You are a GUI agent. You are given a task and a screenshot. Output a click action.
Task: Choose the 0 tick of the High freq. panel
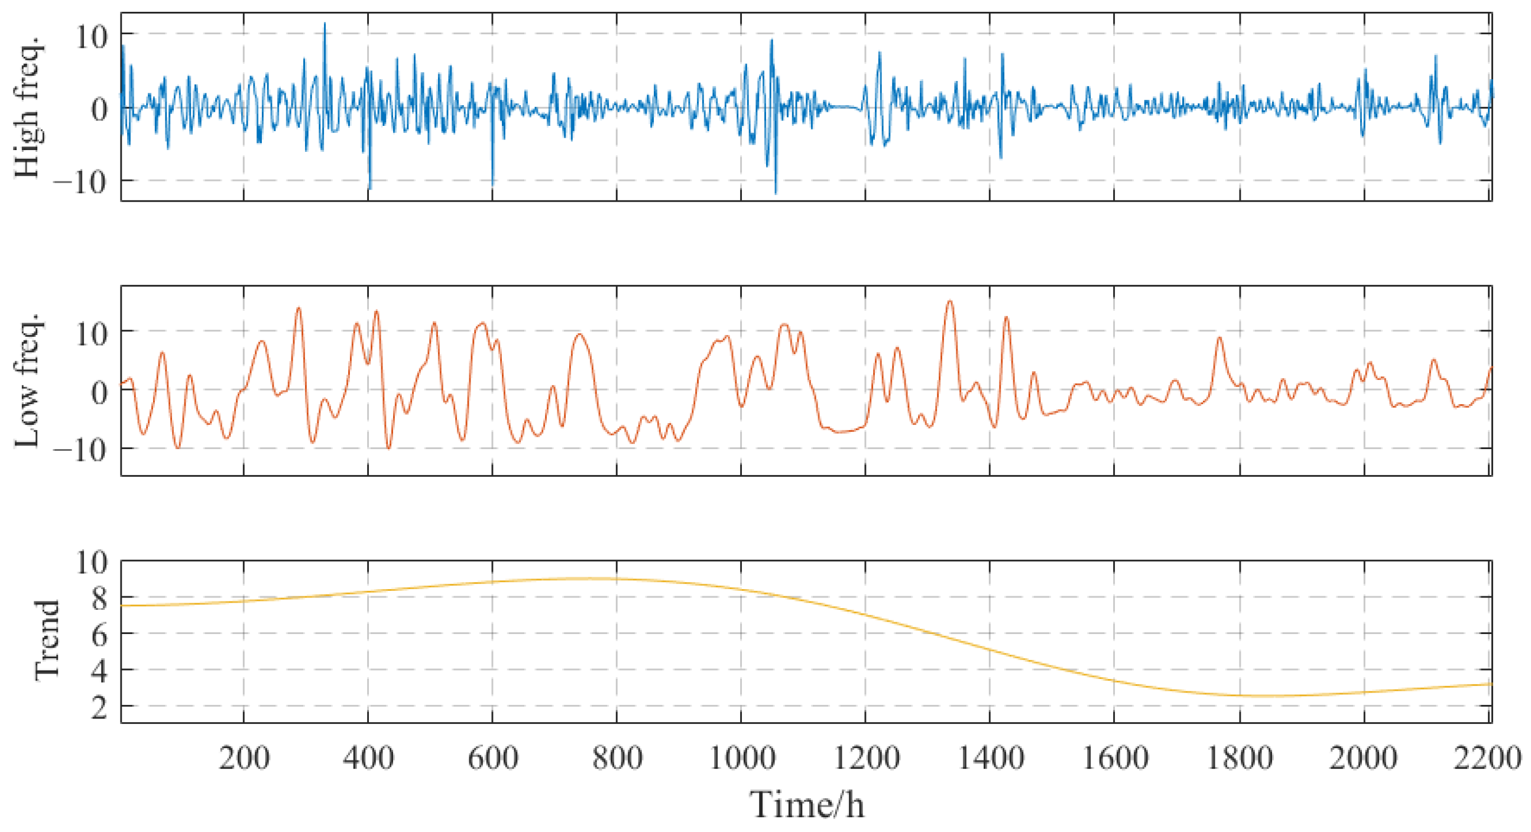pos(99,109)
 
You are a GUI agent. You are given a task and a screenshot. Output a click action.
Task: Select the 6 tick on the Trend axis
pos(99,635)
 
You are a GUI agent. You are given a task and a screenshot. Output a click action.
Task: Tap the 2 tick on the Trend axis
pos(99,708)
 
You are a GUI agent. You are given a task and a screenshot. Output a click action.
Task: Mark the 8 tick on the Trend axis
pos(99,599)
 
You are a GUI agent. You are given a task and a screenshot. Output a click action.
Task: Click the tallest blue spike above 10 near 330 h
pos(325,24)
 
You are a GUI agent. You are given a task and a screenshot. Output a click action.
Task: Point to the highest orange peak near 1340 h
pos(950,301)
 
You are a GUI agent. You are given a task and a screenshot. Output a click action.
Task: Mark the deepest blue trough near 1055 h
pos(776,193)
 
